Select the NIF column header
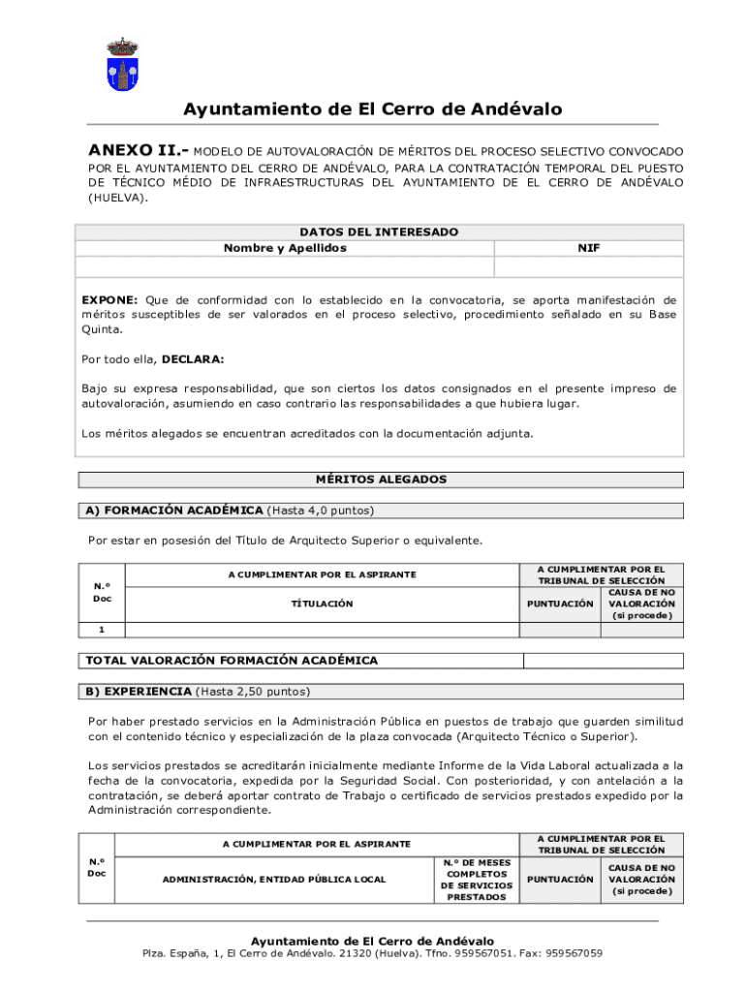(589, 248)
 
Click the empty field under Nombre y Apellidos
(285, 266)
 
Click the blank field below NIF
(589, 266)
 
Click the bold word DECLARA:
(193, 358)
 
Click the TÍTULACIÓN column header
(323, 604)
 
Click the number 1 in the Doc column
(102, 630)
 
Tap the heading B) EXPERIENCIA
(139, 692)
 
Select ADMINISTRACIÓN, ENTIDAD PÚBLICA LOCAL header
(274, 880)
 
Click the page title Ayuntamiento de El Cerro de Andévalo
(373, 109)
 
